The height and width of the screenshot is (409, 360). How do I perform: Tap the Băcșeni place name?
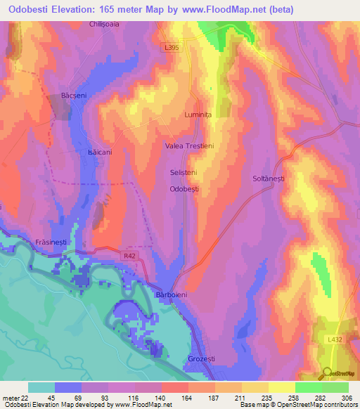[74, 94]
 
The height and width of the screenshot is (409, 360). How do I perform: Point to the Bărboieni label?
[171, 296]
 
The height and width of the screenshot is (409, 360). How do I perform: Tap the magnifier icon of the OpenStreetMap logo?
[328, 372]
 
